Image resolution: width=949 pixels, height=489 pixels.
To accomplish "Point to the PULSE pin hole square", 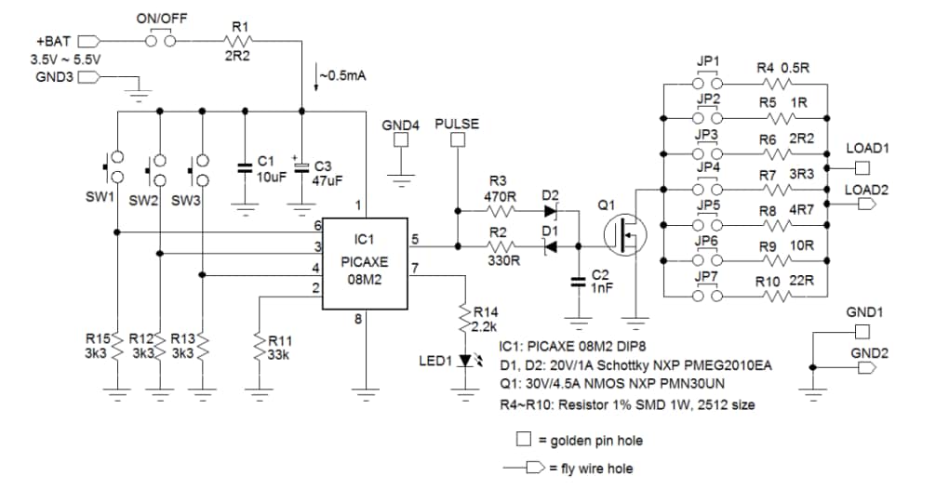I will coord(457,140).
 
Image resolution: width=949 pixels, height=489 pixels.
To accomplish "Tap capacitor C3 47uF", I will coord(301,166).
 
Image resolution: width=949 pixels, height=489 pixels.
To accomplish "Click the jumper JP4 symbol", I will coord(708,189).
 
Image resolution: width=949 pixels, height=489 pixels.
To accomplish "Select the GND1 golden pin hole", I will coord(862,331).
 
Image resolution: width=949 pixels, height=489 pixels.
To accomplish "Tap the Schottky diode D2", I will coord(549,211).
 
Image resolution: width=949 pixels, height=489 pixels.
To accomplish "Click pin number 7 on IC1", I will coord(415,269).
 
